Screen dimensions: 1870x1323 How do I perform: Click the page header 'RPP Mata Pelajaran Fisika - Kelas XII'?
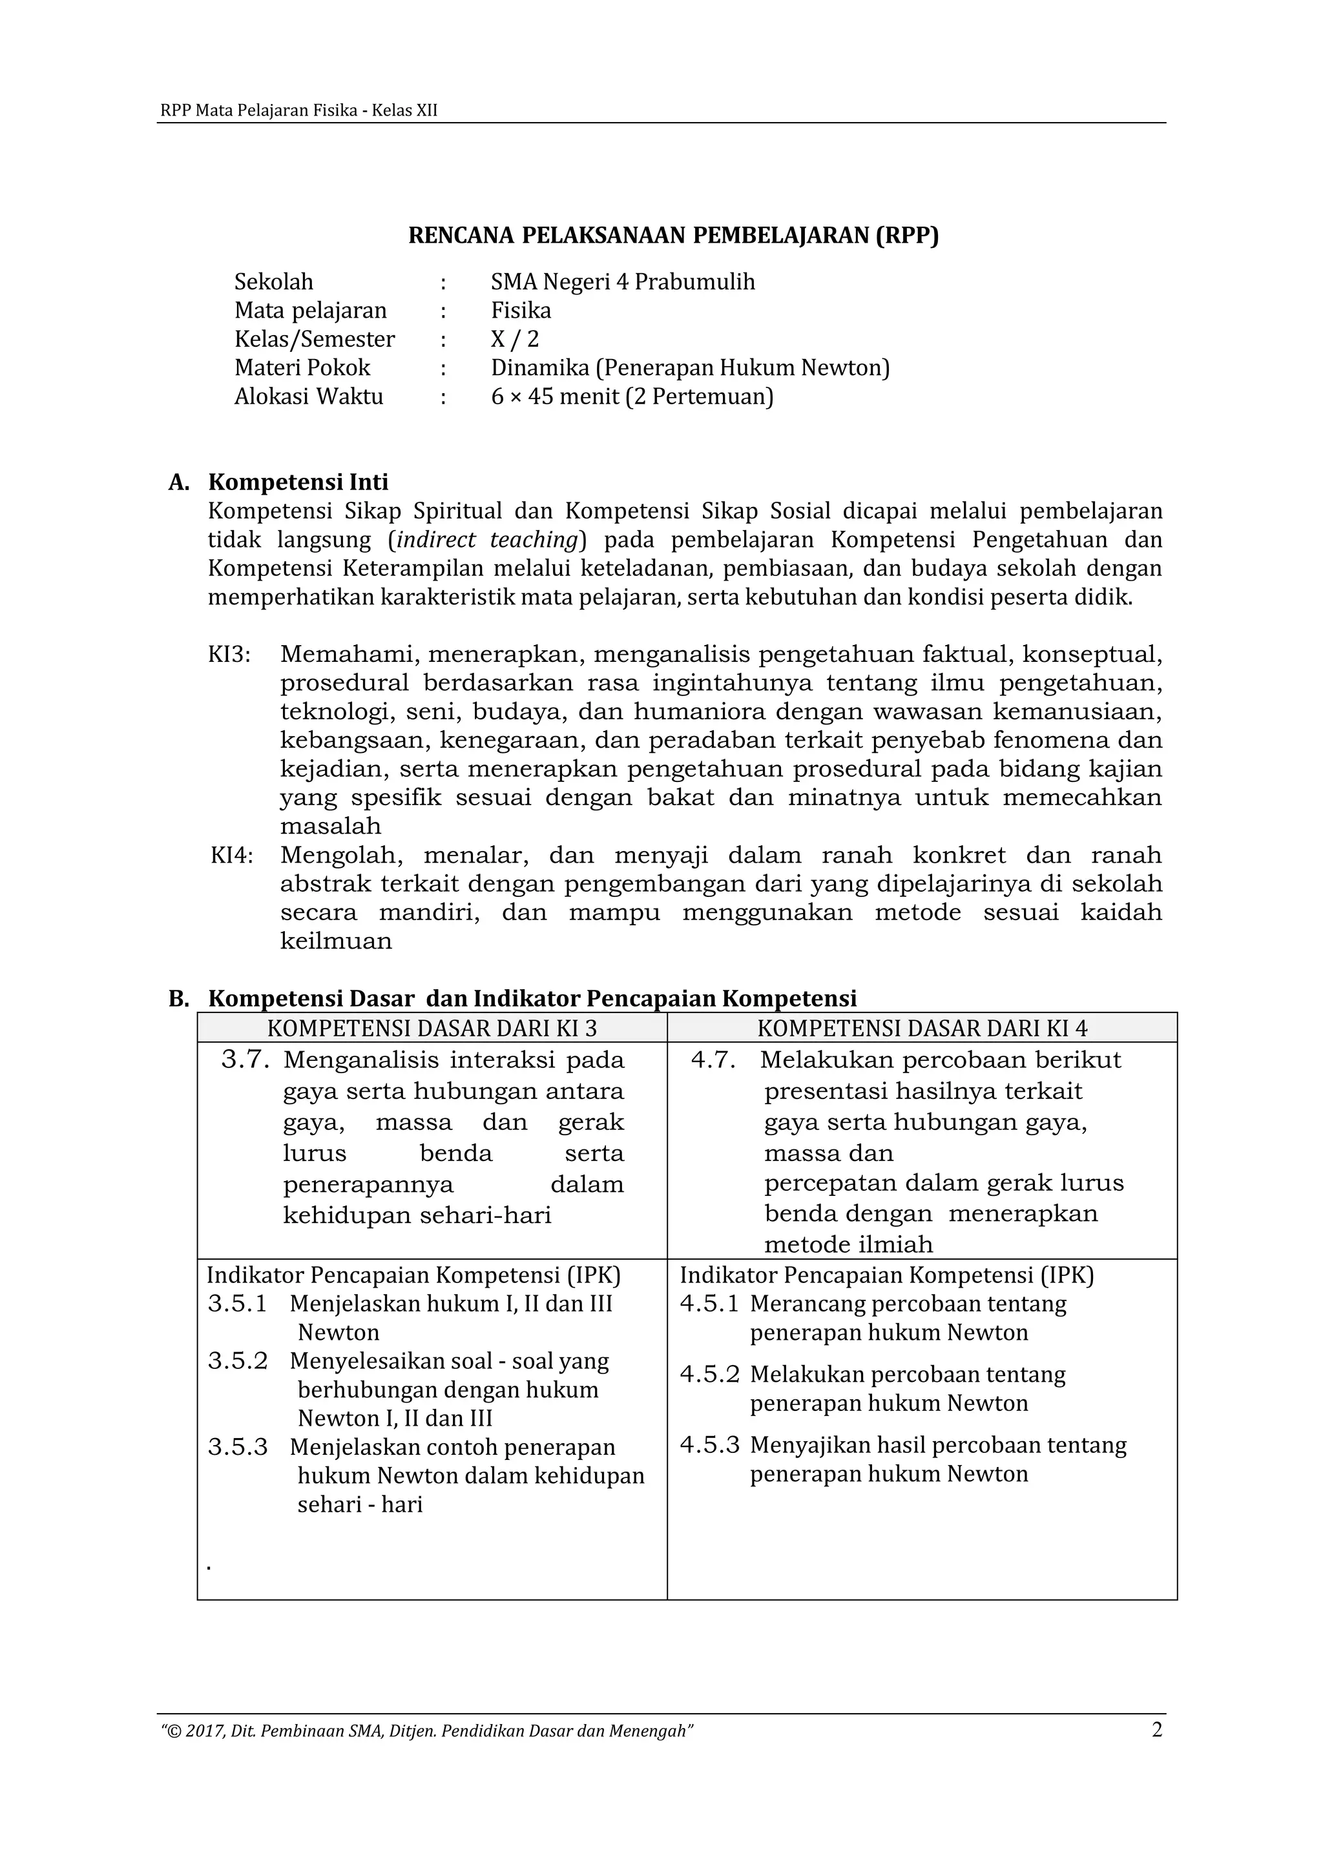point(298,111)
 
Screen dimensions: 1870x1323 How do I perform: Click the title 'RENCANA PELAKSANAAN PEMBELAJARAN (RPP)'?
point(673,236)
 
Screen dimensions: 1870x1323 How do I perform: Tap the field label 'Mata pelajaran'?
point(310,311)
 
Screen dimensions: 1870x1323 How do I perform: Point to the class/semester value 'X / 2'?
point(515,339)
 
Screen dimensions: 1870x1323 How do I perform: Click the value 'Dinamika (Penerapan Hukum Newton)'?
point(690,367)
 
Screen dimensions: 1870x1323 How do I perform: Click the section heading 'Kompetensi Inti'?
point(298,482)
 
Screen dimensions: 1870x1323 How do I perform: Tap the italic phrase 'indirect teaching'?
point(487,540)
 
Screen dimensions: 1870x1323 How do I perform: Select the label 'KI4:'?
point(231,855)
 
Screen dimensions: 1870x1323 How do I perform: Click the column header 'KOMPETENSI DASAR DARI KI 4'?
point(922,1028)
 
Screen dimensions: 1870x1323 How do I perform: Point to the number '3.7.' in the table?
point(245,1060)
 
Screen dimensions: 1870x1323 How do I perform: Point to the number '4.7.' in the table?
point(713,1060)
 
